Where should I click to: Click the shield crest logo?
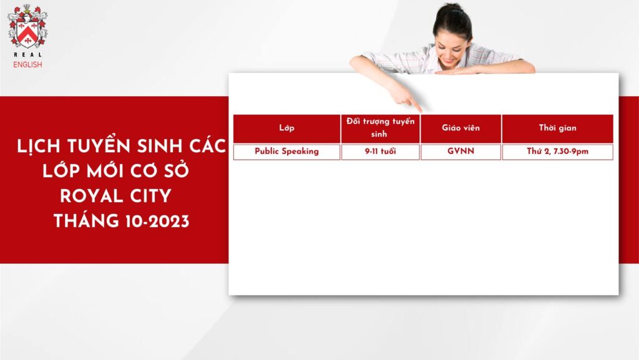coord(27,26)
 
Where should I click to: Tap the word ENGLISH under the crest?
coord(27,64)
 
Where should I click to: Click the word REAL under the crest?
coord(27,54)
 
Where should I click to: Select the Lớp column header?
coord(286,129)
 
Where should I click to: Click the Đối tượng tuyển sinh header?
coord(380,129)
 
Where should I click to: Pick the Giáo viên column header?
coord(461,129)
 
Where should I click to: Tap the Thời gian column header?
coord(557,129)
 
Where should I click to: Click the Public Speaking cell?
coord(286,152)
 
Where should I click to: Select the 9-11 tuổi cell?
coord(380,152)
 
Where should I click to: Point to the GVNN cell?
coord(461,152)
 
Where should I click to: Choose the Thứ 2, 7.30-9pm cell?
coord(557,152)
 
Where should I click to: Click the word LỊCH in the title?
coord(39,147)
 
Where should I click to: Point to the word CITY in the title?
coord(151,197)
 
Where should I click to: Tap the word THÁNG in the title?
coord(86,221)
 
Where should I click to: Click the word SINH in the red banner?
coord(159,147)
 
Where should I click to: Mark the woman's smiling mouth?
coord(447,61)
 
